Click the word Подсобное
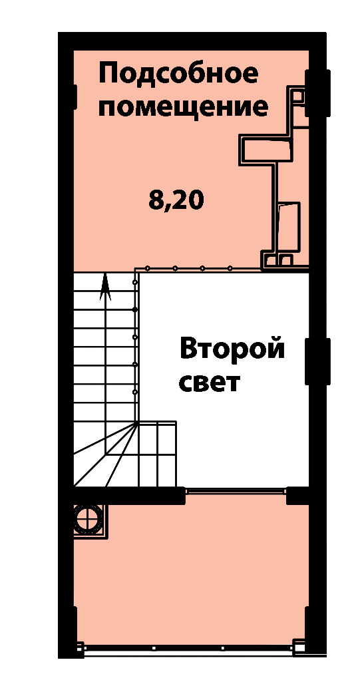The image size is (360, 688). coord(178,74)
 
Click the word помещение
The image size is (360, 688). coord(183,108)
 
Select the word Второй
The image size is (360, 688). coord(232,349)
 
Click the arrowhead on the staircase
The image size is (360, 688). coord(105,287)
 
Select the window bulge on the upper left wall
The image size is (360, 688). coord(75,97)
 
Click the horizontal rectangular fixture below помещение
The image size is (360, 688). coord(266,150)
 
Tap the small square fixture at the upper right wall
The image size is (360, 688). coord(299,96)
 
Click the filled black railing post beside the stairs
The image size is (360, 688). coord(135,310)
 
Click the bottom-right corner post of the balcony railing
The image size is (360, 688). coord(299,647)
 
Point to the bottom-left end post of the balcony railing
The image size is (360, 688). coord(80,647)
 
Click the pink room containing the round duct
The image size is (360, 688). coord(191,570)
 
